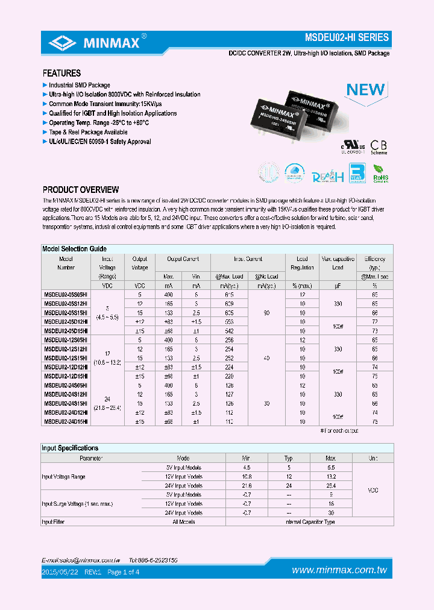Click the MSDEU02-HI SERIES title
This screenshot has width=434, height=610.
click(x=351, y=37)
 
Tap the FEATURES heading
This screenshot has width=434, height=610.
click(x=61, y=73)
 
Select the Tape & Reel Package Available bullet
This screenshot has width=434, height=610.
click(x=88, y=132)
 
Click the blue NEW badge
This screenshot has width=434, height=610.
click(x=365, y=90)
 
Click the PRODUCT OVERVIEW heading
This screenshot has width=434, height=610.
click(x=81, y=190)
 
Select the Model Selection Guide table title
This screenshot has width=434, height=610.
click(x=74, y=248)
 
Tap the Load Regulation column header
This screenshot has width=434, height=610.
click(x=302, y=263)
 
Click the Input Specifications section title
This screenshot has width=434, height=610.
click(x=70, y=448)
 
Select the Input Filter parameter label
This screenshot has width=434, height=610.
click(x=53, y=522)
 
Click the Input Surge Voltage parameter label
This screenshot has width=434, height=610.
click(x=77, y=503)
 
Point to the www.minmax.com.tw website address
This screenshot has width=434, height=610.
click(x=339, y=570)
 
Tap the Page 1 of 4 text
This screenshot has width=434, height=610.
click(x=123, y=571)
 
